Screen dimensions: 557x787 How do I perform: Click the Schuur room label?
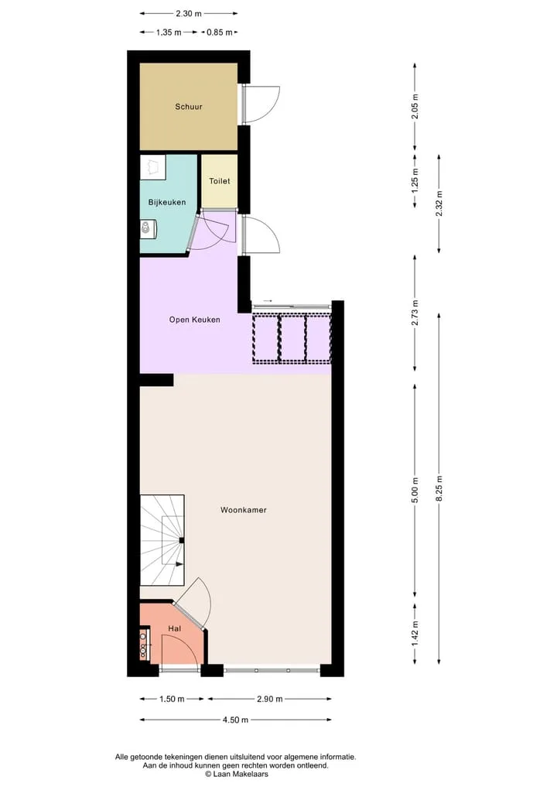point(189,107)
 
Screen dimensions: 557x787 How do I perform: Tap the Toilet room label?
point(219,180)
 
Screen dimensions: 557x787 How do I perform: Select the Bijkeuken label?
point(167,202)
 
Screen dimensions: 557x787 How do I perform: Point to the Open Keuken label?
point(195,320)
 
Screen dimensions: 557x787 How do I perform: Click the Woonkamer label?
point(244,510)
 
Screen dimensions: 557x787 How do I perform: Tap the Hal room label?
point(175,628)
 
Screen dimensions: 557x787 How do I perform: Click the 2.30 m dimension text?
point(189,14)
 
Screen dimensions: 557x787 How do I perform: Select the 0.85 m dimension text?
point(220,33)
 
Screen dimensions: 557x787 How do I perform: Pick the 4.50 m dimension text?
point(235,720)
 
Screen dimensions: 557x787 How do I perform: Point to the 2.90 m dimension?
point(269,699)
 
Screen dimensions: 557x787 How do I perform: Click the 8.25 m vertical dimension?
point(439,488)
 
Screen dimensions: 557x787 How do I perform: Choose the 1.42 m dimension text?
point(415,634)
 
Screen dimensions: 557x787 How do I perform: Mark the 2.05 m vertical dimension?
point(415,107)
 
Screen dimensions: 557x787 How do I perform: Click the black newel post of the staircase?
point(182,540)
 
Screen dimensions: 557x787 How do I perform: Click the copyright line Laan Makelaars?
point(237,774)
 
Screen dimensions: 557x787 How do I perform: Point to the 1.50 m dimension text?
point(172,699)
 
